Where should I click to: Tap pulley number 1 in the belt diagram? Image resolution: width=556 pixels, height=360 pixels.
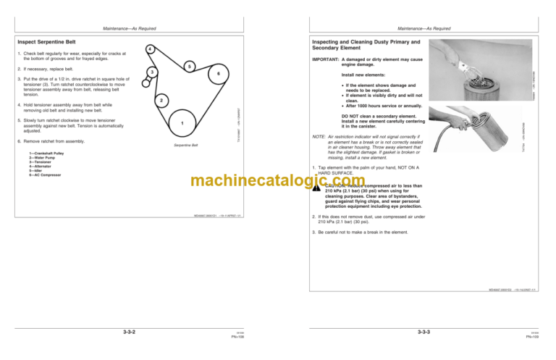(182, 124)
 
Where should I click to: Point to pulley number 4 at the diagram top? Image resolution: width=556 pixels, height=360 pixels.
(148, 49)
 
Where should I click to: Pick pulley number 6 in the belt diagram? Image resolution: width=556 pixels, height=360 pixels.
(218, 75)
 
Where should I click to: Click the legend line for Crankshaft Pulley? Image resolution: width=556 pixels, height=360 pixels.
(46, 154)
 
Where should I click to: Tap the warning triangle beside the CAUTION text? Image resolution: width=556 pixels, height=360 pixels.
(316, 186)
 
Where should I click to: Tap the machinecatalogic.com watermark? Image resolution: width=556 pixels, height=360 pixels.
(278, 183)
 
